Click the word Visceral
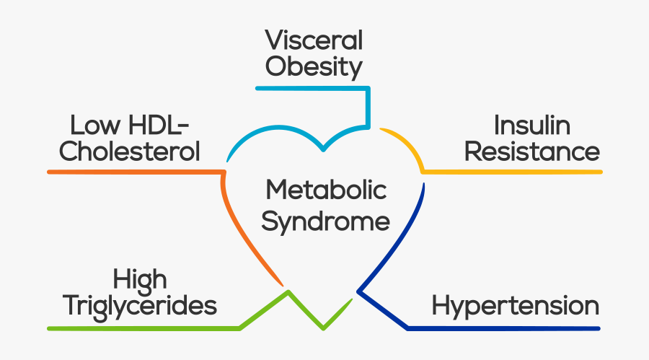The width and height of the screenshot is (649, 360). [313, 40]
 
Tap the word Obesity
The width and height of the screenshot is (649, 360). [313, 67]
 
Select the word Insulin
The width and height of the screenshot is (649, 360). [531, 126]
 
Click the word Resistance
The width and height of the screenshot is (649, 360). [531, 152]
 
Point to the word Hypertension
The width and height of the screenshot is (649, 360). [515, 305]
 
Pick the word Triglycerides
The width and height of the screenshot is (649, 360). [140, 306]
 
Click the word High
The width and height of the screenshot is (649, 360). [140, 279]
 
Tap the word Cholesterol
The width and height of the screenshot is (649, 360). [130, 152]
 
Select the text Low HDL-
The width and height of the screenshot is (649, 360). [130, 126]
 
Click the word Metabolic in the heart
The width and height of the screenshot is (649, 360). [326, 191]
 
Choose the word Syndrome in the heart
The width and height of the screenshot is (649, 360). [326, 221]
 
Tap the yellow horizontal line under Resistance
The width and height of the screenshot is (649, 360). [512, 172]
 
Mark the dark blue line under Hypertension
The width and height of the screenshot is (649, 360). [505, 328]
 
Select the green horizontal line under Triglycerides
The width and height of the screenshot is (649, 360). [144, 328]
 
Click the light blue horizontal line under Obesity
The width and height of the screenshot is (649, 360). [310, 88]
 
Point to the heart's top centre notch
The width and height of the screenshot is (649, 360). [324, 149]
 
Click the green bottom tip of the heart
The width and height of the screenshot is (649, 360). [323, 329]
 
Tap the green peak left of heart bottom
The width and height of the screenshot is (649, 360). [288, 292]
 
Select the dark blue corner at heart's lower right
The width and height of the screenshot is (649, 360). [358, 292]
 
